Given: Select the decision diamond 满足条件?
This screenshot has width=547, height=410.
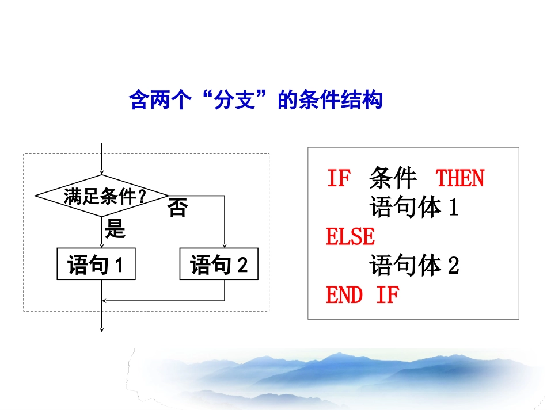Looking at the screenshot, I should pyautogui.click(x=102, y=196).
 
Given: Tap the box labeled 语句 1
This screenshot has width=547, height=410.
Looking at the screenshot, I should pyautogui.click(x=96, y=265).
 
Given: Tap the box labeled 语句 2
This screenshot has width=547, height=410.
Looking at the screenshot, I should pyautogui.click(x=219, y=265).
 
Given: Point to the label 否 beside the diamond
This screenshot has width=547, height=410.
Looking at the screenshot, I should pyautogui.click(x=178, y=208).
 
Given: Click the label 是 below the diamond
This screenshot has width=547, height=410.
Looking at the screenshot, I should pyautogui.click(x=115, y=230).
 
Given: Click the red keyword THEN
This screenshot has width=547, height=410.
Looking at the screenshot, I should pyautogui.click(x=459, y=179).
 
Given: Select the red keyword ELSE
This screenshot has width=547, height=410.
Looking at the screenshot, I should pyautogui.click(x=350, y=236).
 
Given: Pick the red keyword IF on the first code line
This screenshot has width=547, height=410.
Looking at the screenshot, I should pyautogui.click(x=339, y=179).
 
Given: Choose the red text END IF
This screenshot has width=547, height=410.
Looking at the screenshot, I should pyautogui.click(x=362, y=296).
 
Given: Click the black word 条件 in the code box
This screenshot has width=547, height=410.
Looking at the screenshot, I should pyautogui.click(x=393, y=179).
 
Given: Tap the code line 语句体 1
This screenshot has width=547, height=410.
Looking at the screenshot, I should pyautogui.click(x=413, y=208).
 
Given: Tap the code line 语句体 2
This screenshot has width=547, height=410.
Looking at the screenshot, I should pyautogui.click(x=413, y=266).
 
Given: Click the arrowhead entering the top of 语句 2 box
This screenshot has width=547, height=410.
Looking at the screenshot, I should pyautogui.click(x=225, y=245).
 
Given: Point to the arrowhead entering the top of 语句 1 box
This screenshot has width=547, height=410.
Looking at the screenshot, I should pyautogui.click(x=102, y=245).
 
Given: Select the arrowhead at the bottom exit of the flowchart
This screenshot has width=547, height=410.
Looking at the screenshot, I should pyautogui.click(x=102, y=329).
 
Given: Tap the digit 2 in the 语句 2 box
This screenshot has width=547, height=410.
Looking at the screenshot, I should pyautogui.click(x=242, y=265).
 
